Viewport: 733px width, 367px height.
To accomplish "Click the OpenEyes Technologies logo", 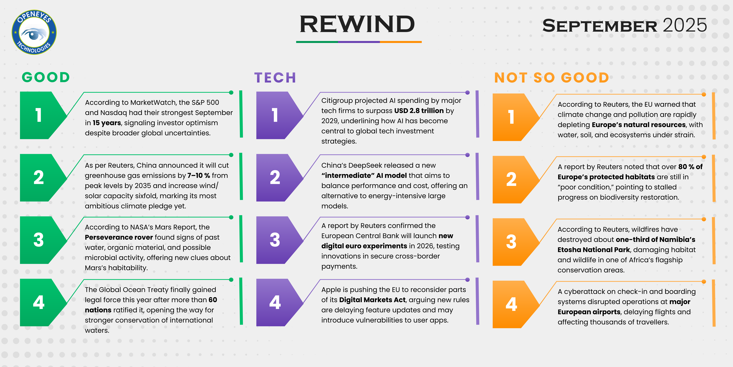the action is pos(34,32).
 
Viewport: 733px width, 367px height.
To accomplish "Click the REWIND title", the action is pos(357,24).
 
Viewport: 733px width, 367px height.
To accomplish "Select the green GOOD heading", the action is pos(46,77).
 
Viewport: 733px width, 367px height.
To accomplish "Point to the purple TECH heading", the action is pos(275,78).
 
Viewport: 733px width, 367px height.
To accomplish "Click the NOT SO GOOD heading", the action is pos(551,78).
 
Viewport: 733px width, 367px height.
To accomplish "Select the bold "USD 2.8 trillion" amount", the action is pos(419,111).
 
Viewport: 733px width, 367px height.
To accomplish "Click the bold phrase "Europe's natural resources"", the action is pos(639,125).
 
